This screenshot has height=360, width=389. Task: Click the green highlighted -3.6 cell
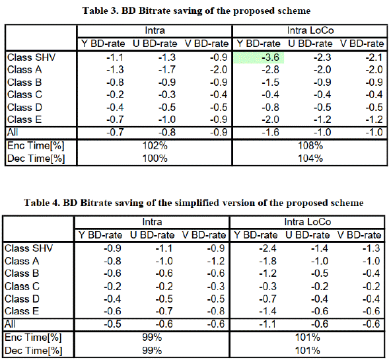258,58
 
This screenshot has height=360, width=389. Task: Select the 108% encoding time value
310,145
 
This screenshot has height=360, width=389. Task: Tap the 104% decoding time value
310,159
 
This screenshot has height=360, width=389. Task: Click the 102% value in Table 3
155,145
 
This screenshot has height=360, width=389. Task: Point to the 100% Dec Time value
155,159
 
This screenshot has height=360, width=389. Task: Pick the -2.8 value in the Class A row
270,70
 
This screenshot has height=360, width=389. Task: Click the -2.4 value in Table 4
267,248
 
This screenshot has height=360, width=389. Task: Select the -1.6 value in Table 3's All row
270,132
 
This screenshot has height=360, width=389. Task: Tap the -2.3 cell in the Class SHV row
322,57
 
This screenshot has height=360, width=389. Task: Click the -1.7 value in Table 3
167,70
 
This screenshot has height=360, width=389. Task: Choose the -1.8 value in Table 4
267,262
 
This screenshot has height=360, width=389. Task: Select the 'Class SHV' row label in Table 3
32,57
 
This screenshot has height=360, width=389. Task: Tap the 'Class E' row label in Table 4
22,311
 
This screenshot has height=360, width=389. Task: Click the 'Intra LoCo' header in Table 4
308,222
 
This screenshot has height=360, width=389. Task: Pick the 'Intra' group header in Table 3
155,30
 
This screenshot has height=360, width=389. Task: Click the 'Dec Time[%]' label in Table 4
33,351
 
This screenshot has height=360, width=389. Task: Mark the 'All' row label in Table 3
13,132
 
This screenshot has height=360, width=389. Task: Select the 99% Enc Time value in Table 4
152,338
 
